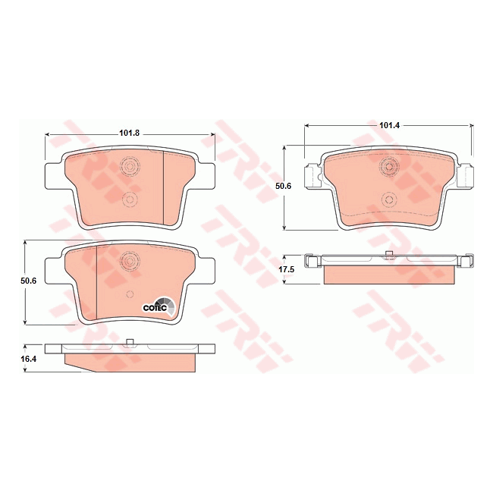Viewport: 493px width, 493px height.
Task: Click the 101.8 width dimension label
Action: (130, 134)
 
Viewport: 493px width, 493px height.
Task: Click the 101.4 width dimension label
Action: (389, 124)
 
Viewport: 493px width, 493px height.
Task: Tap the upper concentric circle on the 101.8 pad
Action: (129, 167)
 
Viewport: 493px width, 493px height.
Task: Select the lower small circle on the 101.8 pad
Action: (129, 199)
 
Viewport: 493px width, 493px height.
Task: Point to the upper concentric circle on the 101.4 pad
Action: (389, 166)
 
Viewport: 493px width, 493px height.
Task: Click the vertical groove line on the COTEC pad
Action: (97, 281)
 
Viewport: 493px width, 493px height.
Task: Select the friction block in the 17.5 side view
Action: (389, 274)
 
